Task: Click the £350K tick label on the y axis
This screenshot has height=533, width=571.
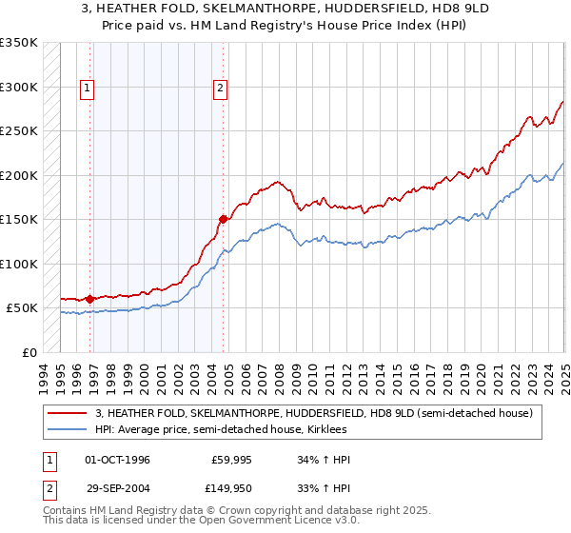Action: tap(19, 43)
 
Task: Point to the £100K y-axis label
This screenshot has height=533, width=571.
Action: tap(19, 264)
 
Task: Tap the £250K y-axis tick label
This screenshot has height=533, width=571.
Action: tap(19, 131)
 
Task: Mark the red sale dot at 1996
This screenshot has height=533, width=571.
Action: tap(90, 299)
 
